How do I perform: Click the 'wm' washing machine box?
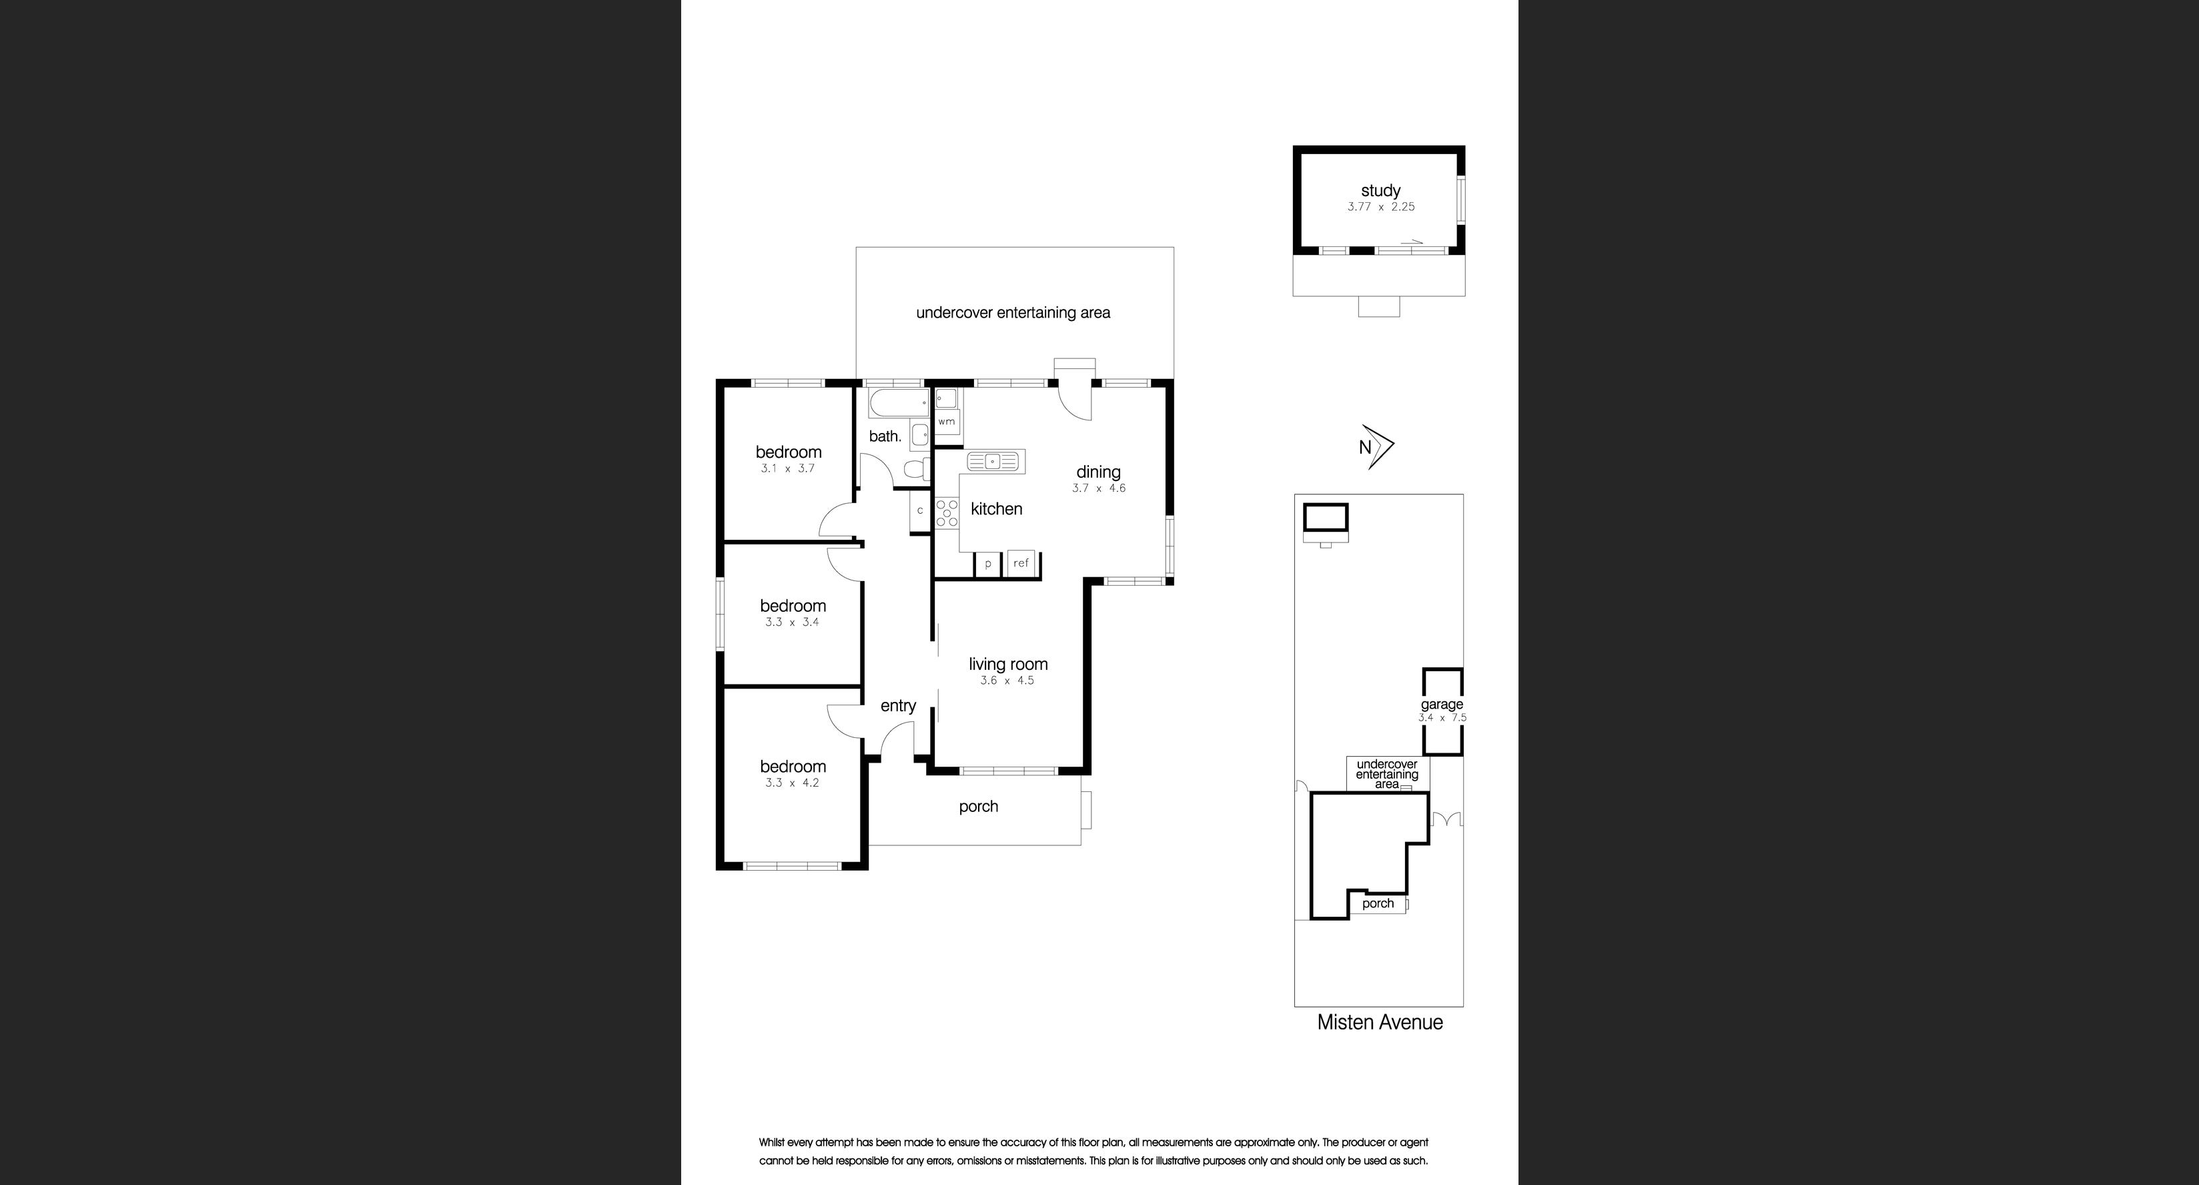[x=947, y=422]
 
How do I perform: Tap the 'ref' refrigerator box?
[x=1021, y=563]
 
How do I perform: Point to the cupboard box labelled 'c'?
[x=919, y=510]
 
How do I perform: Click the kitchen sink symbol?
[x=993, y=462]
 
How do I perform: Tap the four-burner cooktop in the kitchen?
[x=947, y=513]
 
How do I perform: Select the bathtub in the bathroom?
[x=898, y=402]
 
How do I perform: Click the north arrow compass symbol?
[x=1376, y=446]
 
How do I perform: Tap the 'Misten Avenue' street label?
[x=1380, y=1022]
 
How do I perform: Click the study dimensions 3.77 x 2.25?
[x=1380, y=207]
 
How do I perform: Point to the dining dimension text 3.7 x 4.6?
[x=1099, y=488]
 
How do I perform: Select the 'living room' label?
[x=1007, y=664]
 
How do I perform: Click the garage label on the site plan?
[x=1441, y=705]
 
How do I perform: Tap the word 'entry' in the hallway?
[x=898, y=705]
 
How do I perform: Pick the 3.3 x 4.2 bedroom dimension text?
[x=791, y=783]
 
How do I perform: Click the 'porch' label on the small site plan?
[x=1377, y=903]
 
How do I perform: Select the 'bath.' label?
[x=885, y=436]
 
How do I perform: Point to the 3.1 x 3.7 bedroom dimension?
[x=787, y=468]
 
